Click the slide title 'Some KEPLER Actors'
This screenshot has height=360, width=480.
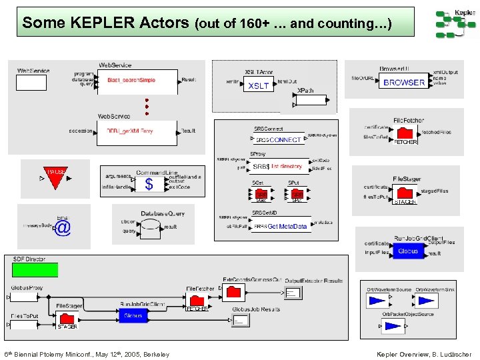(x=106, y=23)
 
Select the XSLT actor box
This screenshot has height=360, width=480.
(x=258, y=85)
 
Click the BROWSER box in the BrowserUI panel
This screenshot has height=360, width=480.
(x=404, y=83)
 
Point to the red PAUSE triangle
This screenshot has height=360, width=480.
(x=56, y=175)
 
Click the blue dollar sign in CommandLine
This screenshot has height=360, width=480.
(x=149, y=184)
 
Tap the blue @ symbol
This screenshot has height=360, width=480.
(x=62, y=229)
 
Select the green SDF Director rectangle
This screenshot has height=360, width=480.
(x=35, y=269)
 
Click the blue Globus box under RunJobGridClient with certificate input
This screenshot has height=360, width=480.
(x=408, y=251)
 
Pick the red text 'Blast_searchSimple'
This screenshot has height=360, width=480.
(x=131, y=80)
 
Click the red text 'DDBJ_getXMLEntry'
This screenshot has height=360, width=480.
(x=130, y=131)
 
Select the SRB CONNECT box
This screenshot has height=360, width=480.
(x=278, y=140)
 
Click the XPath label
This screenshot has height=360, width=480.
(x=305, y=91)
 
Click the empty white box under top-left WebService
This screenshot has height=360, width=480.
(x=31, y=83)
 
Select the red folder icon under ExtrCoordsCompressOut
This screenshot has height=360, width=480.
(x=234, y=292)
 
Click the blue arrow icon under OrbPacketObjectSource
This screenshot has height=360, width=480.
(x=394, y=326)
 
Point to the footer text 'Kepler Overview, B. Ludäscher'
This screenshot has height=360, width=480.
(x=424, y=354)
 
